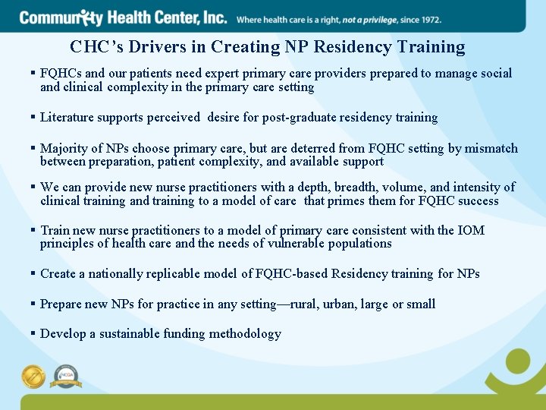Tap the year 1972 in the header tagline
(x=428, y=19)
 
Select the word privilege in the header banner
(x=369, y=19)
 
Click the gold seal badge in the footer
(x=34, y=377)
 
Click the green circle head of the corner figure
(x=519, y=361)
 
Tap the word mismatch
(x=492, y=149)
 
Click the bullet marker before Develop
(x=33, y=333)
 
